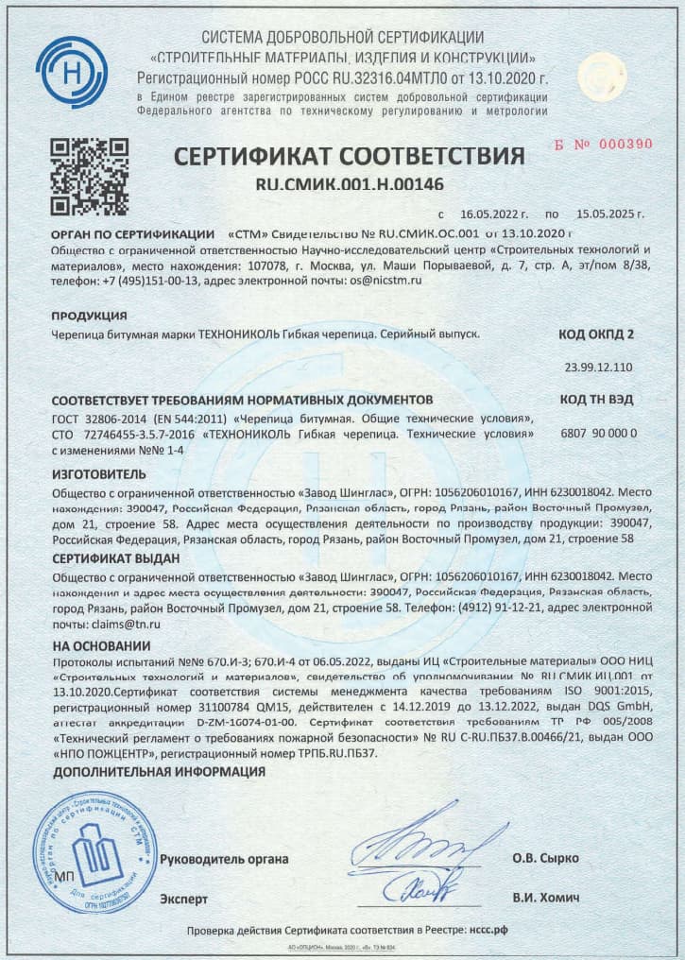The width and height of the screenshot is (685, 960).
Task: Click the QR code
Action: click(x=89, y=177)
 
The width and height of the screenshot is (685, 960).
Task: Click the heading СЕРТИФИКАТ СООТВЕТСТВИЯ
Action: click(x=348, y=155)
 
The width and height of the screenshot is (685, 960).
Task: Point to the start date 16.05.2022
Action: click(x=494, y=215)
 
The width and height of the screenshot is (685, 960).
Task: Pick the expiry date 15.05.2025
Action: click(x=610, y=215)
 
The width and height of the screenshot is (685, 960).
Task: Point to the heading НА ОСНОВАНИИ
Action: click(x=101, y=645)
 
